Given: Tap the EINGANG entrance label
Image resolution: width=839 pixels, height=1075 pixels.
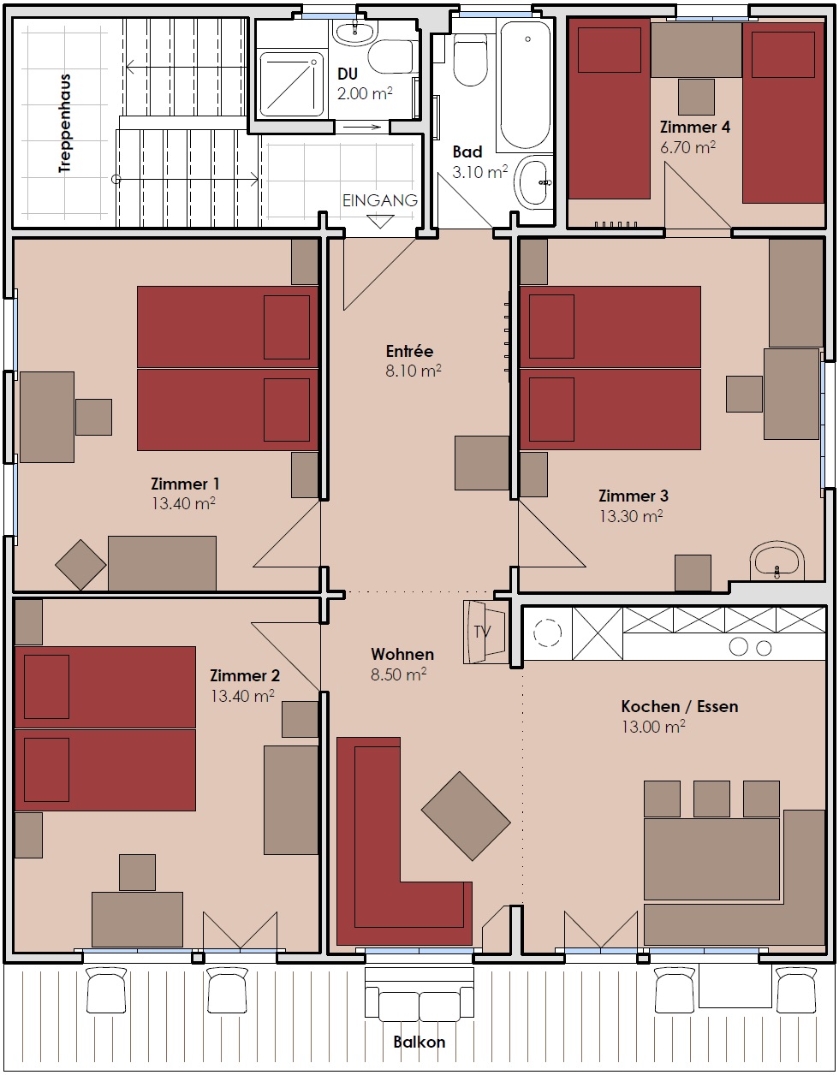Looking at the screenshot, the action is [x=380, y=200].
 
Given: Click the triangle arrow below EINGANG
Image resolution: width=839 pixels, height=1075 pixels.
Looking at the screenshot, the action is [x=380, y=221].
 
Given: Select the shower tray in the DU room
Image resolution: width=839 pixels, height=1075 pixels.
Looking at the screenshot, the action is [x=292, y=83].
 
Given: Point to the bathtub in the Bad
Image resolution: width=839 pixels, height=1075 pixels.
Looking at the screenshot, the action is [x=525, y=85].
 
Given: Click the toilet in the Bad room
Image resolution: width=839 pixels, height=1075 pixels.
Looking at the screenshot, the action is [x=470, y=58].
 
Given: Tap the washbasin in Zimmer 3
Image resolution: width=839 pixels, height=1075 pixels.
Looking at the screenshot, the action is [x=777, y=561].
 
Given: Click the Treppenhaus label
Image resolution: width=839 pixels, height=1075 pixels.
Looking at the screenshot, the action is [x=65, y=123].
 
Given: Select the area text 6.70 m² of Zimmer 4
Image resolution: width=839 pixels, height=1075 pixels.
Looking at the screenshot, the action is [x=687, y=147].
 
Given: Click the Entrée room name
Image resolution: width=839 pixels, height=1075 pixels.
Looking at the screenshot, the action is [x=409, y=351].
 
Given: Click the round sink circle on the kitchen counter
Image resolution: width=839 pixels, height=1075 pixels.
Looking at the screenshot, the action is [x=548, y=633].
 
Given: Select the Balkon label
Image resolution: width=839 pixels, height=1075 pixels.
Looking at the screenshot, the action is [x=419, y=1042].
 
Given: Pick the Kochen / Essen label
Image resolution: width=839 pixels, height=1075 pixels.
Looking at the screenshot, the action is [x=680, y=707].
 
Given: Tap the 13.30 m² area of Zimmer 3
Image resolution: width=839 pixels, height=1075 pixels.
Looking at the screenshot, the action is [x=631, y=516].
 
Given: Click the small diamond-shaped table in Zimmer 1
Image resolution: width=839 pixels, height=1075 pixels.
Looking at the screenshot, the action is [x=80, y=565].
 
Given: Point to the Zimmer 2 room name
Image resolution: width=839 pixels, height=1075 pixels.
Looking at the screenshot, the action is [x=245, y=675].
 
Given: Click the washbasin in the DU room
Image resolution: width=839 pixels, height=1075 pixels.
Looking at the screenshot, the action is [x=355, y=33].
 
